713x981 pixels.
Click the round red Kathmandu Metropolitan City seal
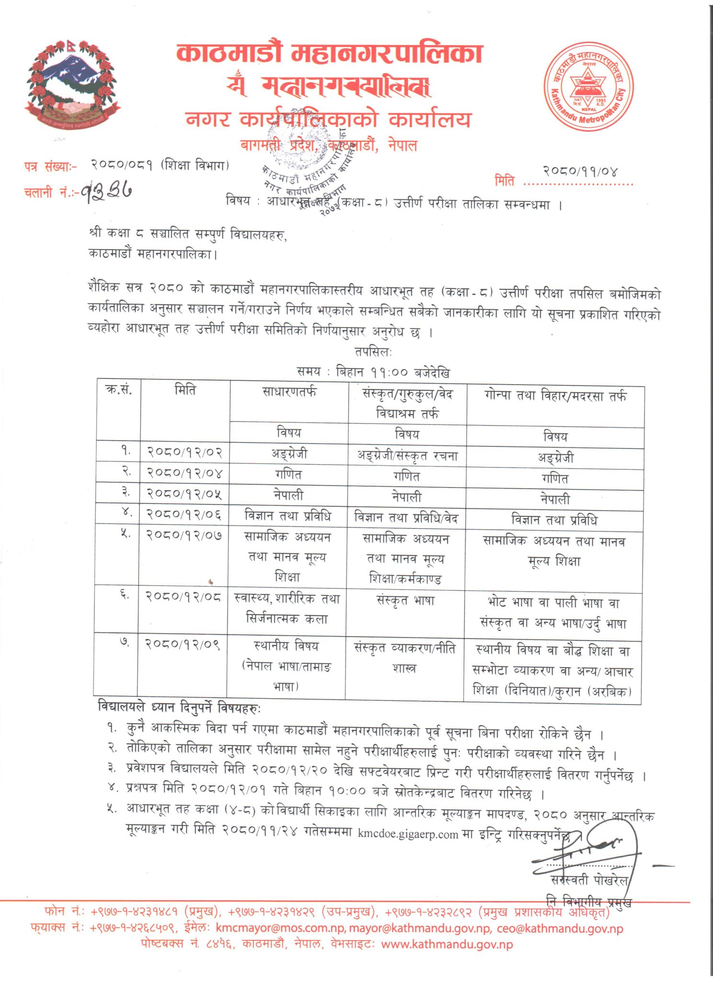[588, 87]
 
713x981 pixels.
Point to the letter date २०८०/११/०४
[580, 171]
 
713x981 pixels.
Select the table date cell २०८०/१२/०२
[184, 452]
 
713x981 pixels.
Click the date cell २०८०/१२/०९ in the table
[182, 644]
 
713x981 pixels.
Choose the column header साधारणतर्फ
[289, 392]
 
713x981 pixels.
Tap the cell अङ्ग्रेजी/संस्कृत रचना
[407, 456]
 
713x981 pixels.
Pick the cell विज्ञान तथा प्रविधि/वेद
[406, 518]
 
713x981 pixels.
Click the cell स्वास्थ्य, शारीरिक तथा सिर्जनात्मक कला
[287, 608]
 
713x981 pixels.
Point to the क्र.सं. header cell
[119, 390]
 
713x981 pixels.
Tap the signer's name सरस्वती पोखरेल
[589, 880]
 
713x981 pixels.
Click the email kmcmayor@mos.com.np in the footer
[280, 928]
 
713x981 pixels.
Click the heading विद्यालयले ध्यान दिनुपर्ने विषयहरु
[179, 707]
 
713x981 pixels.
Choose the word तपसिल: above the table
[373, 352]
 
